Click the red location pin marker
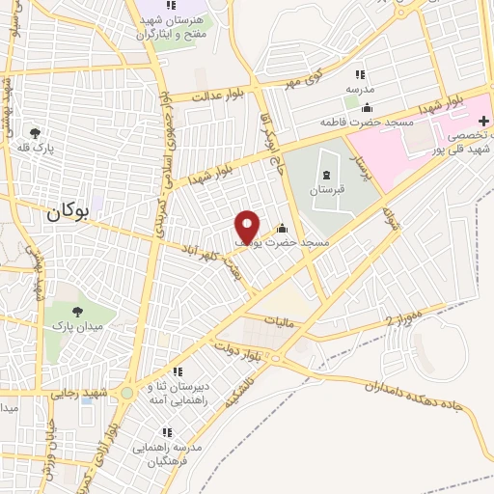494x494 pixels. pos(248,227)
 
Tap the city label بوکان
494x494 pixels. pos(67,215)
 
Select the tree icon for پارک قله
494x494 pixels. pos(36,133)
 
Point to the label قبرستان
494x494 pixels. pos(325,191)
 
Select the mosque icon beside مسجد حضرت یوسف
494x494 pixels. pos(282,229)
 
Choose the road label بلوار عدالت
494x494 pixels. pos(215,96)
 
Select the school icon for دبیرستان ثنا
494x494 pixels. pos(160,374)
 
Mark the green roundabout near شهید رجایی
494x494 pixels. pos(126,394)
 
